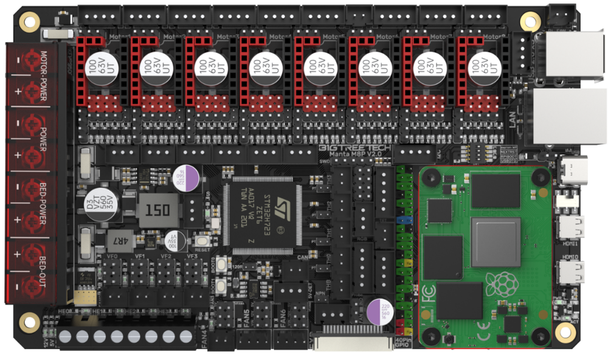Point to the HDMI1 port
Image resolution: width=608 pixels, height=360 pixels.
pos(572,227)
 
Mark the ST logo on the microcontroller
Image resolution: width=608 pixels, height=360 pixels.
pos(282,204)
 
